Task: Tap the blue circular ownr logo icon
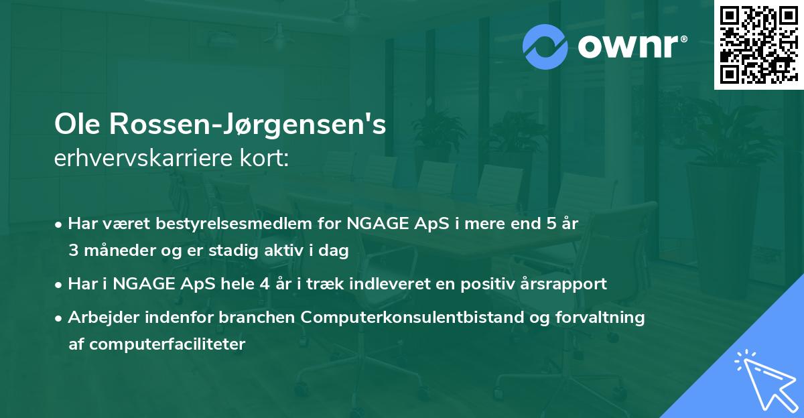pos(545,46)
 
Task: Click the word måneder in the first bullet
pos(121,250)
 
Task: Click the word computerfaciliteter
pos(157,344)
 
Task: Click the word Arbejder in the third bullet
pos(100,317)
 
